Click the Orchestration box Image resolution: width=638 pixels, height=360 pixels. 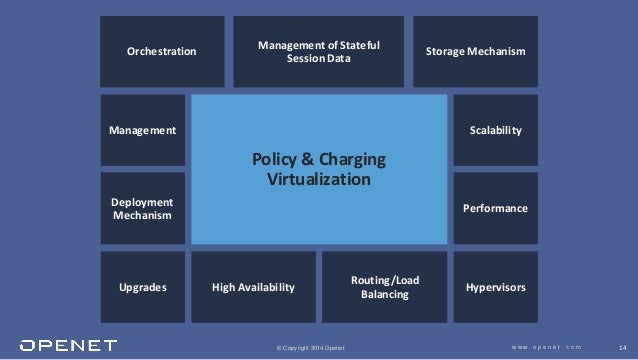(161, 51)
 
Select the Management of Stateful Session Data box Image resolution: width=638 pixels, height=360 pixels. (319, 51)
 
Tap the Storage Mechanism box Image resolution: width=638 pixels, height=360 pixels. (475, 51)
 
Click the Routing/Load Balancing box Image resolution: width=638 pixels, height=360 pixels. (385, 287)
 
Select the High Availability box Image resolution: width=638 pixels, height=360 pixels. (254, 287)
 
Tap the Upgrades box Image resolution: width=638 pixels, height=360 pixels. (143, 287)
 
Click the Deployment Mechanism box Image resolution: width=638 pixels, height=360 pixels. (143, 208)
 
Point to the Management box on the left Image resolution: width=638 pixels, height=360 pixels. (143, 131)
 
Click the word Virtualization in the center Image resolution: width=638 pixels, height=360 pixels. (319, 180)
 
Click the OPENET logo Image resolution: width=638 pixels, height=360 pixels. (61, 346)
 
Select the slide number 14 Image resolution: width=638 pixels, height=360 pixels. (622, 347)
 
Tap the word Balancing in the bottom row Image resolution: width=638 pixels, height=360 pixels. (385, 296)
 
